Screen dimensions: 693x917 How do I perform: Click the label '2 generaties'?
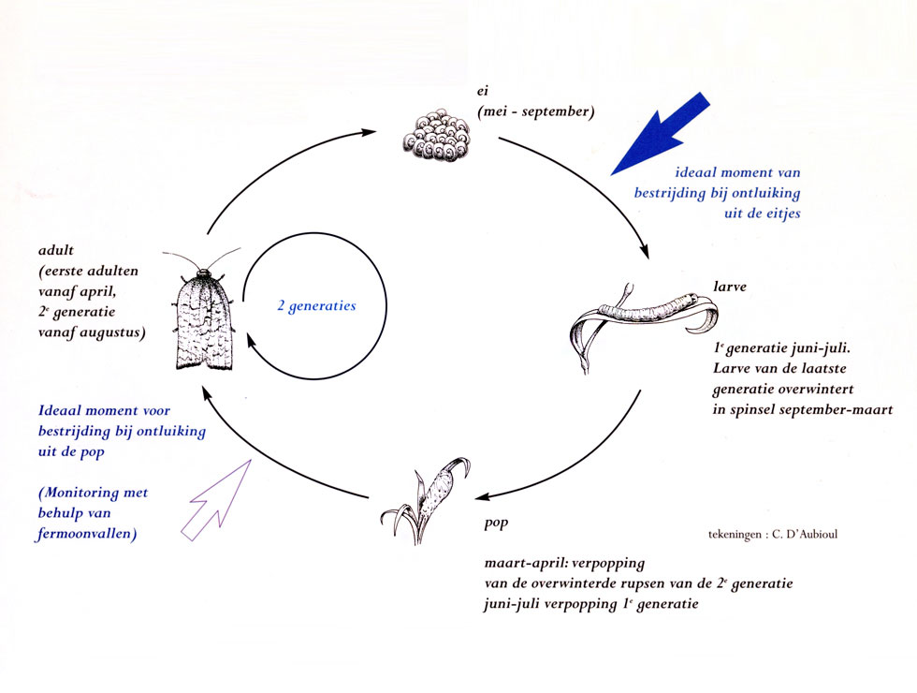coord(316,306)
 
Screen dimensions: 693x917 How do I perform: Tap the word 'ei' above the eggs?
coord(484,92)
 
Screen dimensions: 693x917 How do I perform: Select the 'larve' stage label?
coord(729,287)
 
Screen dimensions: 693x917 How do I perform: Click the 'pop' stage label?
coord(495,523)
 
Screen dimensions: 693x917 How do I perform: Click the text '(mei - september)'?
coord(535,111)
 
